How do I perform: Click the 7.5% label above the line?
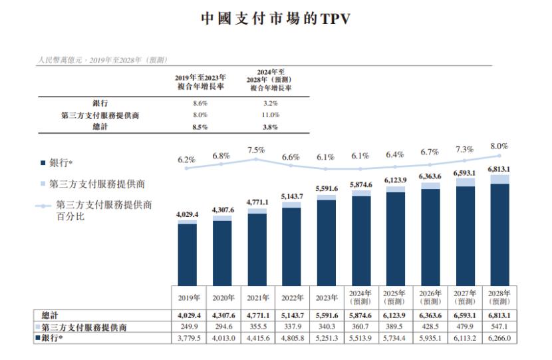point(256,150)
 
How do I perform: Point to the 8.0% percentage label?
point(499,146)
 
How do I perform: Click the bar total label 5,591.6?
point(326,189)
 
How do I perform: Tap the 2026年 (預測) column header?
point(430,297)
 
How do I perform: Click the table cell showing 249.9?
point(188,327)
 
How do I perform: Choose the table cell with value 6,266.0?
point(499,338)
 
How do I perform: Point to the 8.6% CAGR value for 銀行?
point(200,104)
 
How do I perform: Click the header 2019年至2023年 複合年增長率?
point(200,82)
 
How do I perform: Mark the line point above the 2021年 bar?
point(256,159)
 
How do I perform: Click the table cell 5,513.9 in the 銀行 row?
point(360,338)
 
